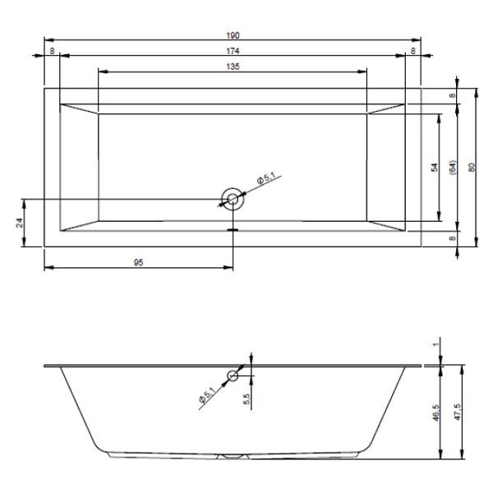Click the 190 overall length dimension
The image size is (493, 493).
233,35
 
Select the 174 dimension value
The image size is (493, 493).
233,51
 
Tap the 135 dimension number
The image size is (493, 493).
233,67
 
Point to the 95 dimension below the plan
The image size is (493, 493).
138,262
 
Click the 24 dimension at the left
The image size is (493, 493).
20,223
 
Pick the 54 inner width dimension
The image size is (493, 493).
435,168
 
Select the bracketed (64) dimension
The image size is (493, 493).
452,168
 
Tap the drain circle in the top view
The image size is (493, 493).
233,199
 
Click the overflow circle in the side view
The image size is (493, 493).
233,376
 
